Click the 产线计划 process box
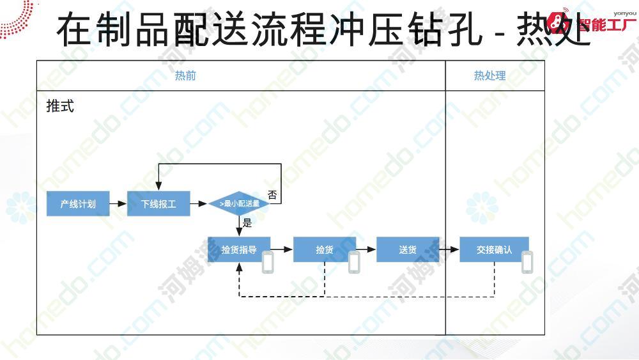point(78,204)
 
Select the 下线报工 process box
point(159,204)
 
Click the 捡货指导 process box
point(239,250)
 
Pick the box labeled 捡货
point(325,250)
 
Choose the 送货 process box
point(408,250)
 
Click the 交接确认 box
point(494,250)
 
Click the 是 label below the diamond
point(247,224)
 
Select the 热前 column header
point(185,75)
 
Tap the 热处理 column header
point(489,75)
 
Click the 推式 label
point(60,106)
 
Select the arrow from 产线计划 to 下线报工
point(118,204)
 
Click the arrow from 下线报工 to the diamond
point(200,204)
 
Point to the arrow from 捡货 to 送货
point(366,250)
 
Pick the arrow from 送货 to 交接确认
point(449,250)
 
